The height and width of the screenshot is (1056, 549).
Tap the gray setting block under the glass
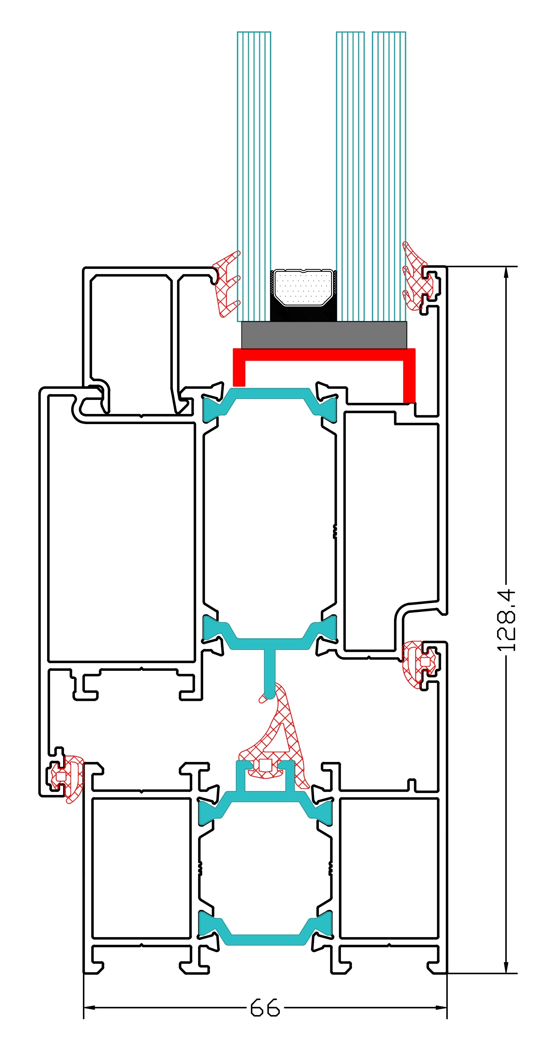tap(324, 335)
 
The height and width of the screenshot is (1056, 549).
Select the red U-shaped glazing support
tap(324, 355)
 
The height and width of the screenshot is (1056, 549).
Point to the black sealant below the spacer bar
tap(303, 314)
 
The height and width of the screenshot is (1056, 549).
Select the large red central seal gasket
tap(283, 738)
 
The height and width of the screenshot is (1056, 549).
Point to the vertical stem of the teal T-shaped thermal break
tap(269, 672)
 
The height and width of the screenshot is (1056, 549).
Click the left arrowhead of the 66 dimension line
tap(89, 1007)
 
